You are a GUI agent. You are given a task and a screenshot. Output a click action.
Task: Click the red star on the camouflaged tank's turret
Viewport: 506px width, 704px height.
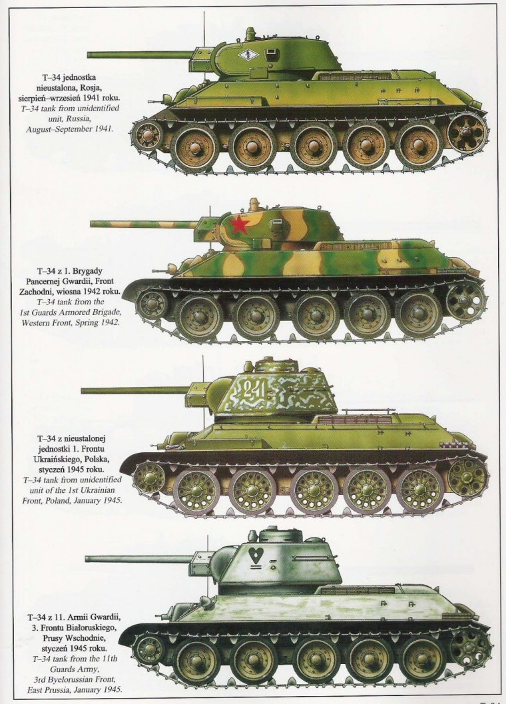[x=239, y=224]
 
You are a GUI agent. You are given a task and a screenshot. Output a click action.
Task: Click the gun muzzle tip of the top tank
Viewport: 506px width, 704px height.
[x=89, y=53]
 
